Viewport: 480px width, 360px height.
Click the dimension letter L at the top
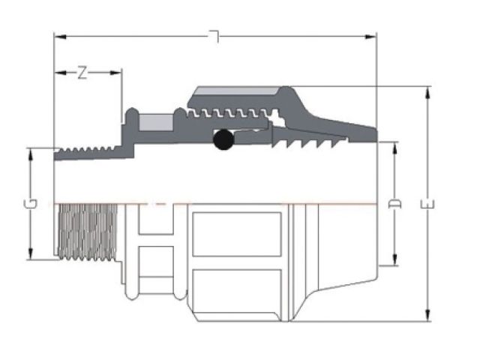coord(215,36)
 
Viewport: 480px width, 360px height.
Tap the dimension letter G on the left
coord(31,203)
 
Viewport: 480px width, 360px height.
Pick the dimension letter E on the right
coord(427,203)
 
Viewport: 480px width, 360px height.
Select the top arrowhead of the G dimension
coord(31,151)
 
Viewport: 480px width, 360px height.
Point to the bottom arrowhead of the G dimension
coord(31,256)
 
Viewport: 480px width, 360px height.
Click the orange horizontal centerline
coord(225,202)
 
